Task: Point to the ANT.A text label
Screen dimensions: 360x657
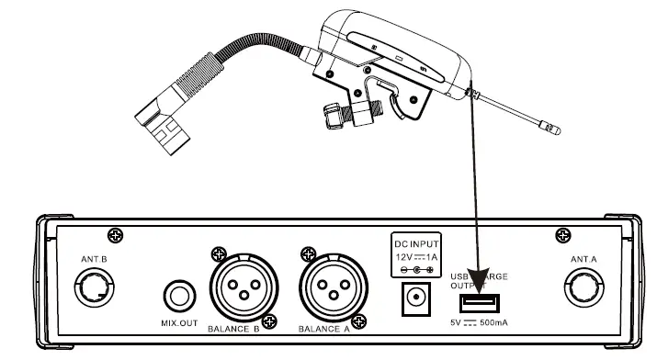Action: pyautogui.click(x=584, y=260)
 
